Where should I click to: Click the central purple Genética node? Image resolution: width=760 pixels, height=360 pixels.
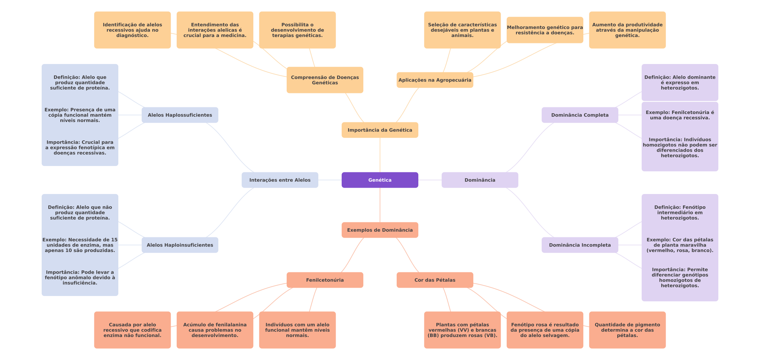coord(380,180)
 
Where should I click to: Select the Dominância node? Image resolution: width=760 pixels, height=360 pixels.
coord(480,180)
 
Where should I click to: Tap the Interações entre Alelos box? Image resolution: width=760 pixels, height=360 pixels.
coord(280,180)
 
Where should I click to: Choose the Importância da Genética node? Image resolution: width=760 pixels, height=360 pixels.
coord(380,130)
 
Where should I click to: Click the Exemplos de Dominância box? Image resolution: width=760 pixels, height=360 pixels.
coord(380,230)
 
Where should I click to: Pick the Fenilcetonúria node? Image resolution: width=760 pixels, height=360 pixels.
coord(325,280)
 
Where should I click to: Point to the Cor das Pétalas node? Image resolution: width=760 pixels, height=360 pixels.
coord(435,280)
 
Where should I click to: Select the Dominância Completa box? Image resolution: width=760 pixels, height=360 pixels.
coord(580,115)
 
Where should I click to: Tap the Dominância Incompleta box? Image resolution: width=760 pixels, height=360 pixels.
coord(580,245)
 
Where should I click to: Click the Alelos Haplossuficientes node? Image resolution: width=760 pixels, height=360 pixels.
coord(180,115)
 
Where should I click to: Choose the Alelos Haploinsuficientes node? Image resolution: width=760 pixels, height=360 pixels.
coord(180,245)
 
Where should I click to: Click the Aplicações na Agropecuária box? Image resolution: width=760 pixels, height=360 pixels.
coord(435,80)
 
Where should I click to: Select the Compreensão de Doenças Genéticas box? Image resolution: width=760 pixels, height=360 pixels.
coord(325,80)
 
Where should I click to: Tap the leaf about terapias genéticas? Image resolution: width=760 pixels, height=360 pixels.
coord(297,30)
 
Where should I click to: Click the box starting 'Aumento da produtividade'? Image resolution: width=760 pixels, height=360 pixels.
coord(627,30)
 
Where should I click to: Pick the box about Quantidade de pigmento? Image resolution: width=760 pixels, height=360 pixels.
coord(627,330)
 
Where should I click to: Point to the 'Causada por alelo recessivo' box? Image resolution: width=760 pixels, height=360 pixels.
coord(132,330)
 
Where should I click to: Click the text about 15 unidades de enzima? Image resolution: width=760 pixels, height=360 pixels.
coord(80,245)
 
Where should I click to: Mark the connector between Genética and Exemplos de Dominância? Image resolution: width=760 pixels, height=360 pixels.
coord(380,205)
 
